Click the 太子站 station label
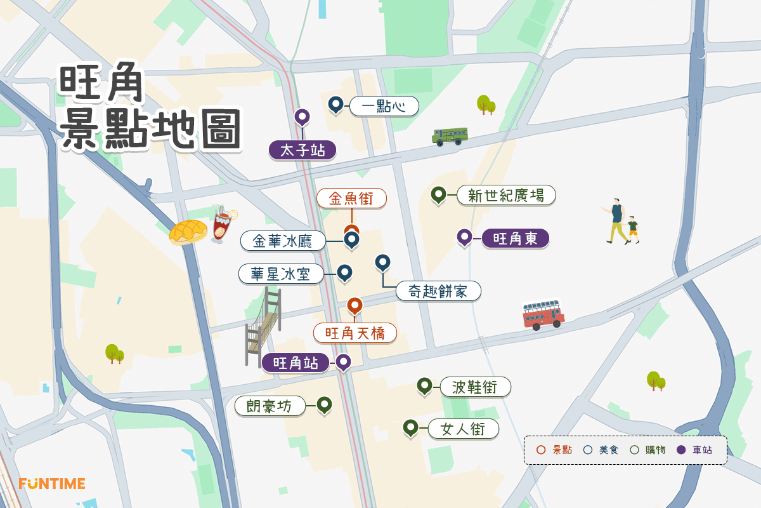[x=302, y=151]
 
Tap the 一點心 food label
[x=384, y=106]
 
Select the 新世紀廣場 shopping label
[x=506, y=195]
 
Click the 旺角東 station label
[x=515, y=239]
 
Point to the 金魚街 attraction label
[x=351, y=199]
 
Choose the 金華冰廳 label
[x=283, y=241]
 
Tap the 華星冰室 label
[x=282, y=274]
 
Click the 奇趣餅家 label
[x=438, y=291]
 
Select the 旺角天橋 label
[x=354, y=333]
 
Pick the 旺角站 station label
[x=296, y=363]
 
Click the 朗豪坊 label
[x=270, y=406]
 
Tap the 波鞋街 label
[x=473, y=387]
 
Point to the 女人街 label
[x=464, y=429]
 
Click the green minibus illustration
[x=450, y=136]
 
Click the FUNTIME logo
[x=52, y=484]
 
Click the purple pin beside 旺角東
[x=464, y=237]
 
